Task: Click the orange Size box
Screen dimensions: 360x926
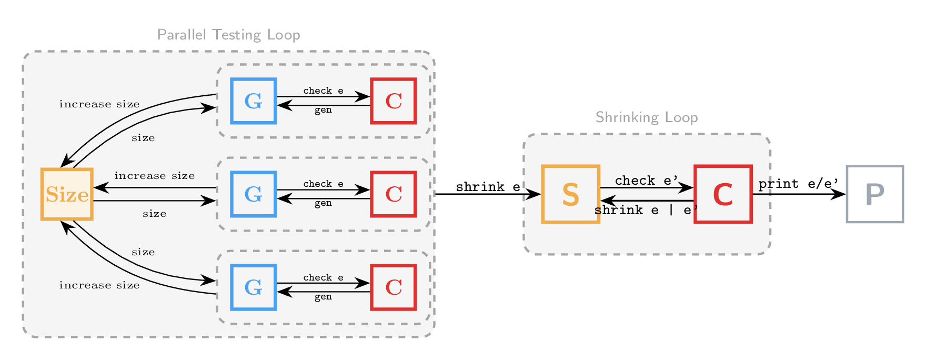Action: coord(67,194)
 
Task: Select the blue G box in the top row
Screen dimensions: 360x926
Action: coord(254,101)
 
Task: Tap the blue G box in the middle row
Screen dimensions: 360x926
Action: coord(254,194)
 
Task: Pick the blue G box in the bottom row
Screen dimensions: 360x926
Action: coord(254,287)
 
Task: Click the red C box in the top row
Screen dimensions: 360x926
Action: coord(394,101)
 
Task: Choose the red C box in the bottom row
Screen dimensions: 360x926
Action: coord(394,287)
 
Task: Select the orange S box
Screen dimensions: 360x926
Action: coord(571,194)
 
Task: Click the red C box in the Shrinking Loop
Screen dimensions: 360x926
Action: coord(723,194)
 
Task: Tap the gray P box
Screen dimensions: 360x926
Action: coord(874,194)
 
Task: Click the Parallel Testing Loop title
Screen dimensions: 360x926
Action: coord(228,35)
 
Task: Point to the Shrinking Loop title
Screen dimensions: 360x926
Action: coord(647,117)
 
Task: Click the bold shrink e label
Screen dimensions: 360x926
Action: coord(488,187)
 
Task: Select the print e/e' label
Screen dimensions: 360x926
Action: coord(798,184)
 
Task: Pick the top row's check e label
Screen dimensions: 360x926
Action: coord(323,91)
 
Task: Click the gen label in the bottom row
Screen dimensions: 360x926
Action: coord(323,297)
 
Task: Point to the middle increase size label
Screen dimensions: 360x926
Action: coord(155,176)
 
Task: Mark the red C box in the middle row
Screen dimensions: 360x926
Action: coord(394,194)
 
